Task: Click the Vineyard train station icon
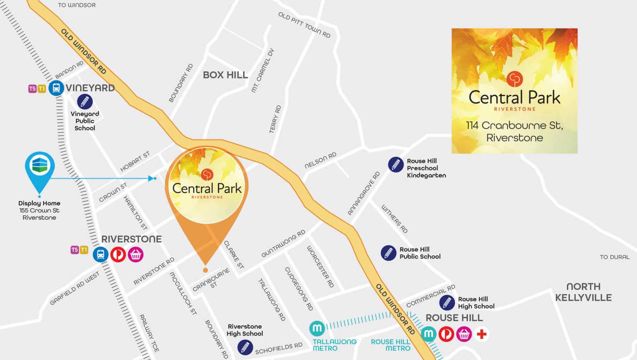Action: pos(56,88)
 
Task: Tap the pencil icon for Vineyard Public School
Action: pos(85,102)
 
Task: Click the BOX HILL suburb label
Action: pos(225,75)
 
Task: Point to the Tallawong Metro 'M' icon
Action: pos(317,329)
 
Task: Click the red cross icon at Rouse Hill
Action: pos(482,334)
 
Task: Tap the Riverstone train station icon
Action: pos(101,254)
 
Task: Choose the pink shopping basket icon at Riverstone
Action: pos(136,254)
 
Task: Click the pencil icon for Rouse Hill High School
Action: pos(447,303)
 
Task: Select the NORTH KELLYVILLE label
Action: pos(583,292)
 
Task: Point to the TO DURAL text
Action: pos(615,257)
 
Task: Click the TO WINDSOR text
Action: pos(77,5)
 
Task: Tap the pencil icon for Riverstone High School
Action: pos(245,347)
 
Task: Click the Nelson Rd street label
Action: pos(320,161)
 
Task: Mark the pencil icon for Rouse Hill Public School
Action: pos(388,253)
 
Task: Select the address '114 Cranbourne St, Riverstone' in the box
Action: pos(514,131)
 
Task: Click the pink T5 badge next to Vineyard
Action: pos(32,89)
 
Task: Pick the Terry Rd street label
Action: pos(275,119)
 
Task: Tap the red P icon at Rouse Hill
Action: pos(446,334)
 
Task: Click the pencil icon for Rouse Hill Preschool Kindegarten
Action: pos(396,165)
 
